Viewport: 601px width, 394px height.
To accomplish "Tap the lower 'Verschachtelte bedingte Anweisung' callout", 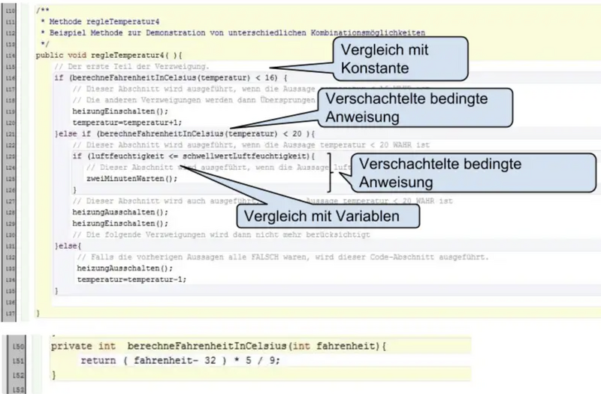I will pyautogui.click(x=416, y=173).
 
